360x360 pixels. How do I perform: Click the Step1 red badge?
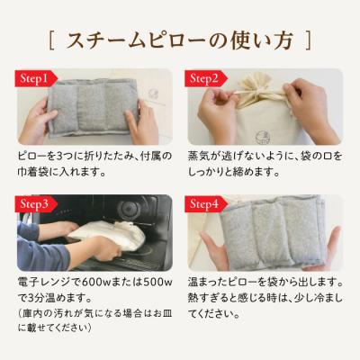pos(31,78)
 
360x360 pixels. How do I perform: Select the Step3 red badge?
pos(31,205)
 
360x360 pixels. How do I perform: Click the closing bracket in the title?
pos(310,40)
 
